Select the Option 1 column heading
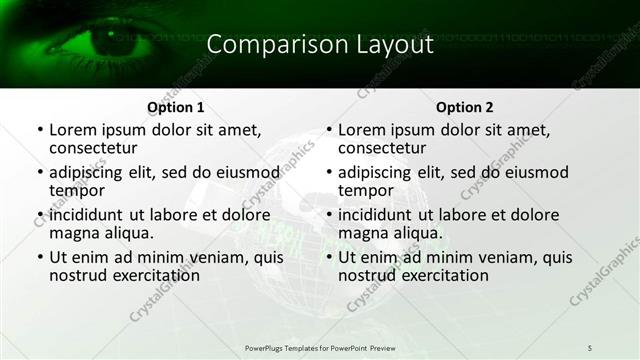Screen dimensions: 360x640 coord(176,107)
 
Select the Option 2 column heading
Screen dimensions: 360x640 coord(465,107)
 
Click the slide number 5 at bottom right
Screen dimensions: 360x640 coord(590,346)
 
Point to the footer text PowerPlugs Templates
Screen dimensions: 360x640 coord(289,346)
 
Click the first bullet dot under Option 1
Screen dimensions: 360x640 coord(39,131)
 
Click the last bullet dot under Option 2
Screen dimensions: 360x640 coord(328,258)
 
